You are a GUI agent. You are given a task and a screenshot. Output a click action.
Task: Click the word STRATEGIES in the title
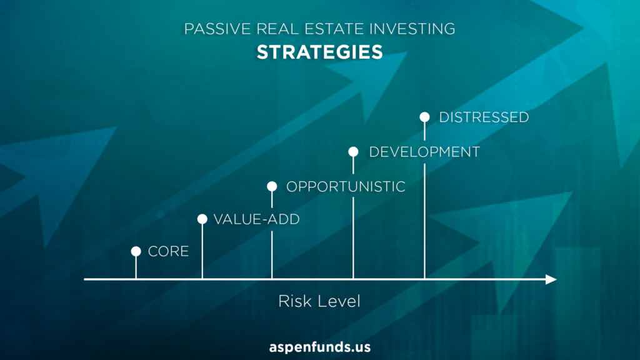(319, 52)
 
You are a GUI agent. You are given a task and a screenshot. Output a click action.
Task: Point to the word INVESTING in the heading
(412, 29)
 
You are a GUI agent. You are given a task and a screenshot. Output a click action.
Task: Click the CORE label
(168, 251)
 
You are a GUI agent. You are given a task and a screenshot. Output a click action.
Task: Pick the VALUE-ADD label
(257, 219)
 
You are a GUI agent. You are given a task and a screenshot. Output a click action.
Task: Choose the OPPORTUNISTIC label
(346, 187)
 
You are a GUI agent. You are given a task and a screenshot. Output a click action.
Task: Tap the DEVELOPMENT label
(424, 152)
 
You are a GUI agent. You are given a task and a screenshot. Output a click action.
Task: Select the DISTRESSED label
(484, 117)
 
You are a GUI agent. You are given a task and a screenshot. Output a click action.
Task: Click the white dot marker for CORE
(136, 251)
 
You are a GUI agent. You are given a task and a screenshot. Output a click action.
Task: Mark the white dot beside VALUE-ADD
(202, 219)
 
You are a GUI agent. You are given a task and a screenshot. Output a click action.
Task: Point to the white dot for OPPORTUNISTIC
(272, 186)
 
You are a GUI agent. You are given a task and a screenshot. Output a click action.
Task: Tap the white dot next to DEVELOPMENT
(354, 152)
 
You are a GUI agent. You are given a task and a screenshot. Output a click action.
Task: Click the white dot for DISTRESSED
(424, 117)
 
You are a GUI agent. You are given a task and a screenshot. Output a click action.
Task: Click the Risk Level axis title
(319, 302)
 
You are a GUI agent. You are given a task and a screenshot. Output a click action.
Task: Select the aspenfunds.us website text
(319, 347)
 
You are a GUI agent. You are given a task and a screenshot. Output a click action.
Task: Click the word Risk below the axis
(292, 302)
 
